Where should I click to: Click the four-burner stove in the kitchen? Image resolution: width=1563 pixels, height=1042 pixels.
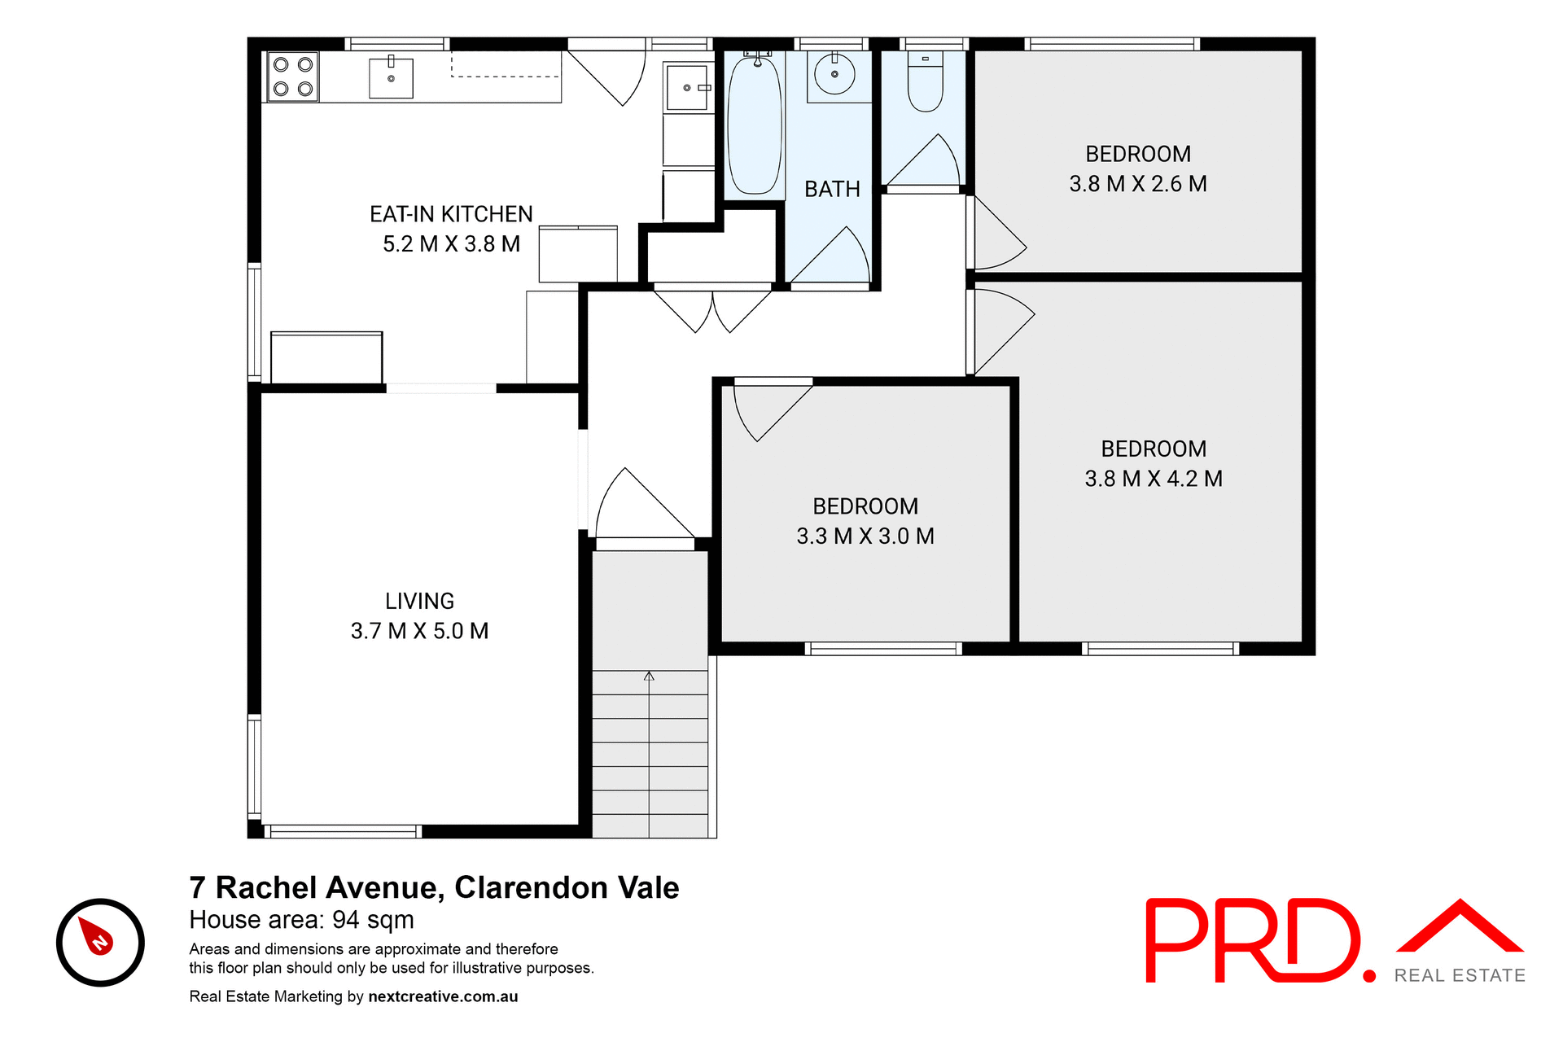coord(293,77)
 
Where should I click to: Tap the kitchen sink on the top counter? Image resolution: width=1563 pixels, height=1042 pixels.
coord(391,78)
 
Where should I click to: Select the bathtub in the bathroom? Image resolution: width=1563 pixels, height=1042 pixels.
coord(754,125)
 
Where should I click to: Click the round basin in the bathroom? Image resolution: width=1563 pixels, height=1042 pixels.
coord(834,74)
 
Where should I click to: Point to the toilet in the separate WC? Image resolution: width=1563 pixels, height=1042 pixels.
coord(925,84)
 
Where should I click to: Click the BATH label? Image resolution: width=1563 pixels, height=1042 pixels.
coord(832,189)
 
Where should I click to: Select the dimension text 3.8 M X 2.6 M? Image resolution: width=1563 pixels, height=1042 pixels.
coord(1137,184)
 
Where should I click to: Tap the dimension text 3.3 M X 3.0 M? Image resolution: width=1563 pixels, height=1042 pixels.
coord(865,536)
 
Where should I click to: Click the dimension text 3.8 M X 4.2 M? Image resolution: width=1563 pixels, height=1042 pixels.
coord(1153,479)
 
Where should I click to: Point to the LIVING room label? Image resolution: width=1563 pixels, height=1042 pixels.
coord(419,601)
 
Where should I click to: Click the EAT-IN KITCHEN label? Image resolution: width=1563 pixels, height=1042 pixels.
coord(451,214)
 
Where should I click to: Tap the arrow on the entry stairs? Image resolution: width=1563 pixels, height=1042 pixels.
coord(649,677)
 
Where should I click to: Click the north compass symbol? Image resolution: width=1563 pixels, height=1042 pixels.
coord(100,942)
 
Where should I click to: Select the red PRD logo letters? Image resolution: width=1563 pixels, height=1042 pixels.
coord(1254,940)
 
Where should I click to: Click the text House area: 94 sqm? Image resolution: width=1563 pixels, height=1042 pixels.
coord(301,920)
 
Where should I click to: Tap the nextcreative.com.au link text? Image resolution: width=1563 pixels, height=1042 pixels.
coord(443,996)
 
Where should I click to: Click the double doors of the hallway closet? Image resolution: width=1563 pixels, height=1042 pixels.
coord(712,311)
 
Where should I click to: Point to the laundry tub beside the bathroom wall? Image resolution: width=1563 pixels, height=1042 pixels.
coord(687,88)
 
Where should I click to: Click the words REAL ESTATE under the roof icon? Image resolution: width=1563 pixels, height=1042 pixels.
coord(1459,975)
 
